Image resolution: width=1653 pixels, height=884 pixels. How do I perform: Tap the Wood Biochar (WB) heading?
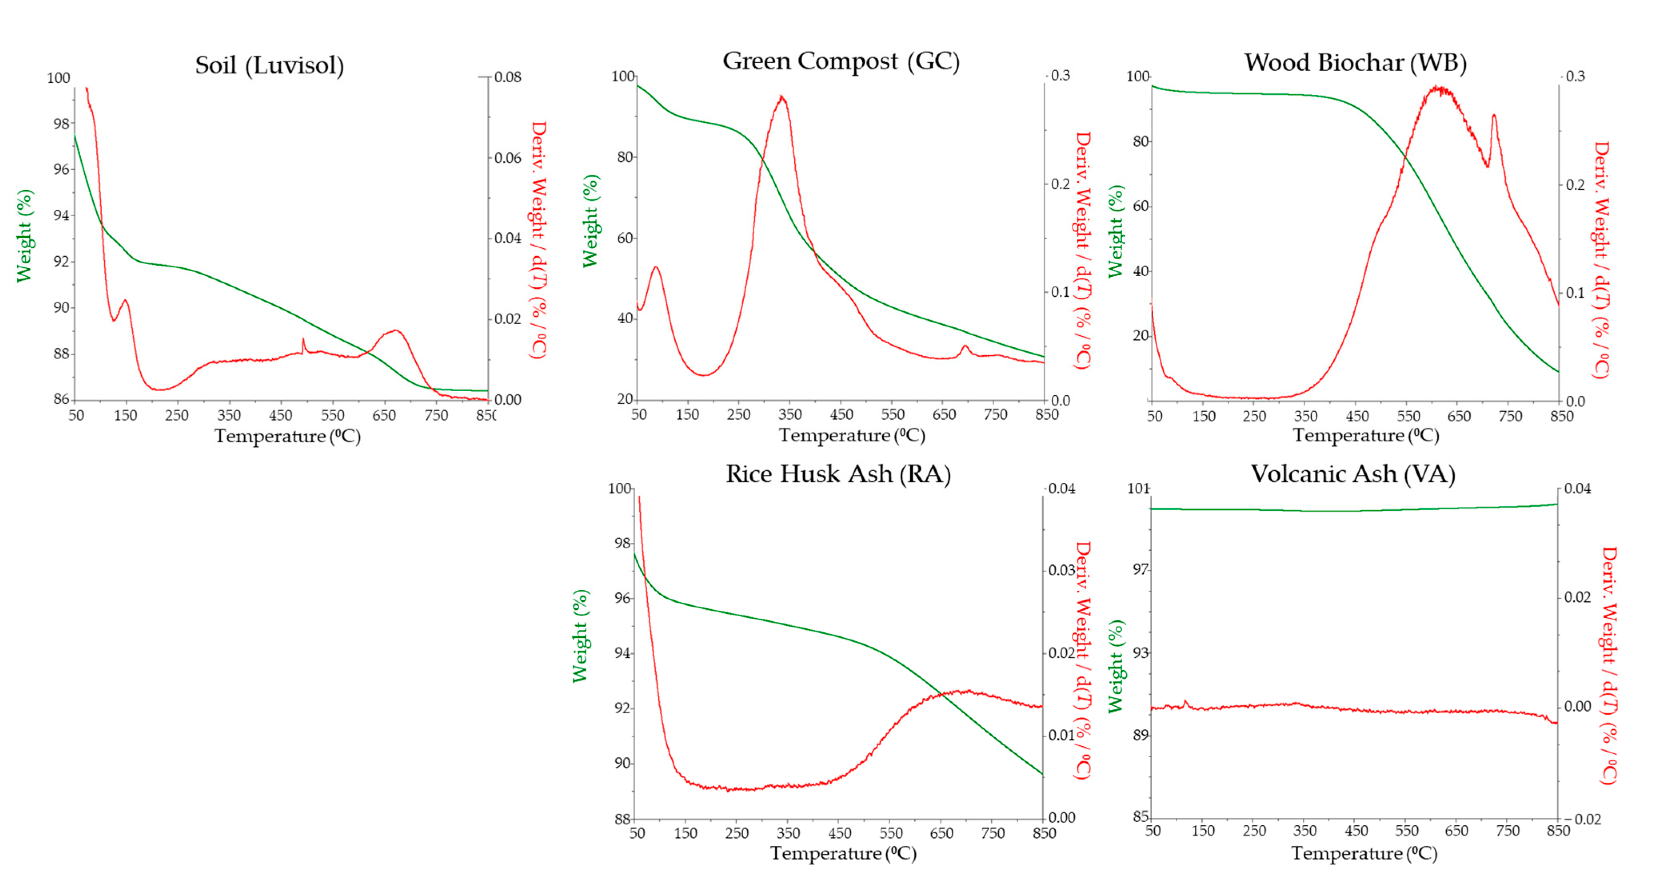[1355, 63]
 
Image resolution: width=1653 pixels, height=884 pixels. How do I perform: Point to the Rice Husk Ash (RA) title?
[838, 474]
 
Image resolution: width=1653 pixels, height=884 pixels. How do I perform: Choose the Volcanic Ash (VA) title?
[1353, 474]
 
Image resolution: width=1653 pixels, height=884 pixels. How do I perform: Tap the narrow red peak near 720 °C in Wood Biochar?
[1494, 116]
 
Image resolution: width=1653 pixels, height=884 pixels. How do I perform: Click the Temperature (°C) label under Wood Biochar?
[1366, 436]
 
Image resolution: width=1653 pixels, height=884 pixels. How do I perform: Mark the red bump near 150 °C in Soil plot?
[125, 300]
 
